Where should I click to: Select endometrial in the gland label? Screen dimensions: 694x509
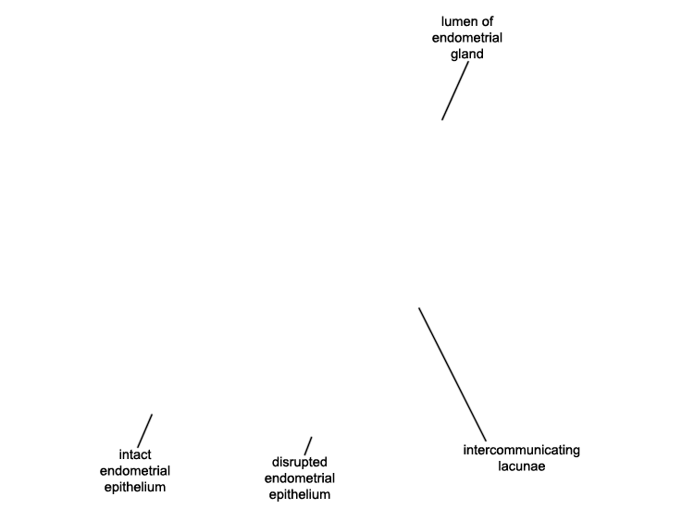(467, 38)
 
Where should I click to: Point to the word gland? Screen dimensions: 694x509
(467, 55)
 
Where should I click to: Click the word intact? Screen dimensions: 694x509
(135, 454)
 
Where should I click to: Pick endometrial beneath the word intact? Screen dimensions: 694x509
(135, 471)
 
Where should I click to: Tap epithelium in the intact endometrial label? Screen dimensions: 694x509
(135, 488)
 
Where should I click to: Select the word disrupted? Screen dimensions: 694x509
(300, 462)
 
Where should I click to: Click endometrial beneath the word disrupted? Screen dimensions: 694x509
(300, 478)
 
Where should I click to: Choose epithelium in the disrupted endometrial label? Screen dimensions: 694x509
(300, 495)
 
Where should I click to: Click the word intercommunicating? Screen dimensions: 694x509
(521, 450)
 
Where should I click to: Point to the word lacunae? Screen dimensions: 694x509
(521, 466)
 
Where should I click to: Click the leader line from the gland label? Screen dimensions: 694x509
(455, 91)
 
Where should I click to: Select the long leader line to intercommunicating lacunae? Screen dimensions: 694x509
(452, 375)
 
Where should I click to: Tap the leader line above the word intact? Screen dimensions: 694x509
(144, 430)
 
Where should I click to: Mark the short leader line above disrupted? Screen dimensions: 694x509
(308, 446)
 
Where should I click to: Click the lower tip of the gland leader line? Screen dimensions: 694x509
(441, 119)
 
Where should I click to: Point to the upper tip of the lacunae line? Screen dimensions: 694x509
(419, 308)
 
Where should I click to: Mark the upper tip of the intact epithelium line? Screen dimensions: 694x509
(152, 415)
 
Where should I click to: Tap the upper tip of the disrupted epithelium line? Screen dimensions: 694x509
(311, 438)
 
